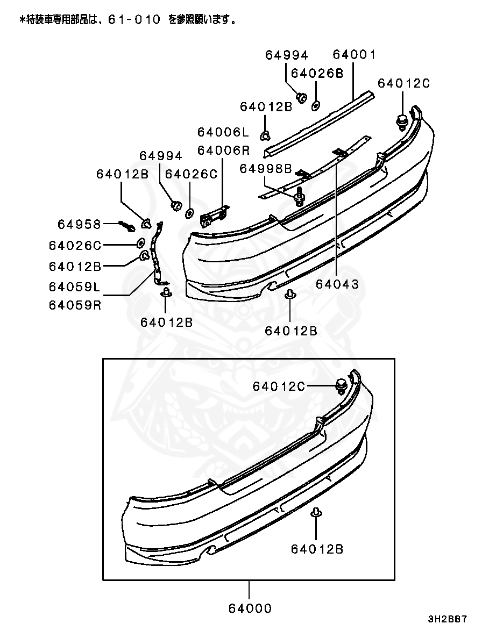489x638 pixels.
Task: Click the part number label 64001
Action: click(354, 55)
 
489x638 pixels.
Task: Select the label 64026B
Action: click(317, 74)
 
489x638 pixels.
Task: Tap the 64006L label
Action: click(223, 132)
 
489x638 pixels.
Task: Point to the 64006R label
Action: click(223, 150)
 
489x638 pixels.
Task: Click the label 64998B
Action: click(266, 169)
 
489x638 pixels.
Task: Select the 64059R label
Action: click(75, 305)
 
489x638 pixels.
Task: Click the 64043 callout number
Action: click(337, 284)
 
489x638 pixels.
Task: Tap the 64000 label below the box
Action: click(250, 608)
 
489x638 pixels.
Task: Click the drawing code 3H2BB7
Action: click(448, 619)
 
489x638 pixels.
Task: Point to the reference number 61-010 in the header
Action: click(134, 20)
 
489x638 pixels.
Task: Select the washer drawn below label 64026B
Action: click(316, 105)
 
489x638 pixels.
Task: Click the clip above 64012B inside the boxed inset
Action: click(317, 512)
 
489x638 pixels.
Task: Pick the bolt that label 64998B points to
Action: click(299, 197)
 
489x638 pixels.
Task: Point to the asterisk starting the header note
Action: click(23, 20)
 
